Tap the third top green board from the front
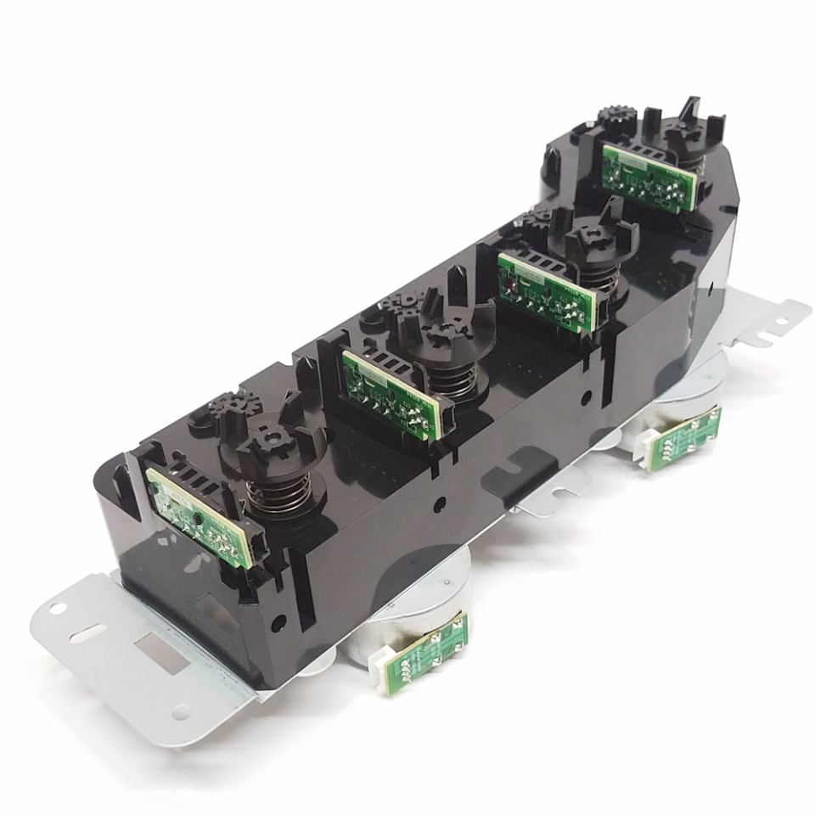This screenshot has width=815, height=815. click(548, 289)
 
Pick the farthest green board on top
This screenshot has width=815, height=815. click(648, 176)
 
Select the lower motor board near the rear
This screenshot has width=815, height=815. click(684, 437)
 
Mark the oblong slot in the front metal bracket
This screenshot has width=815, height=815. click(88, 632)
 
